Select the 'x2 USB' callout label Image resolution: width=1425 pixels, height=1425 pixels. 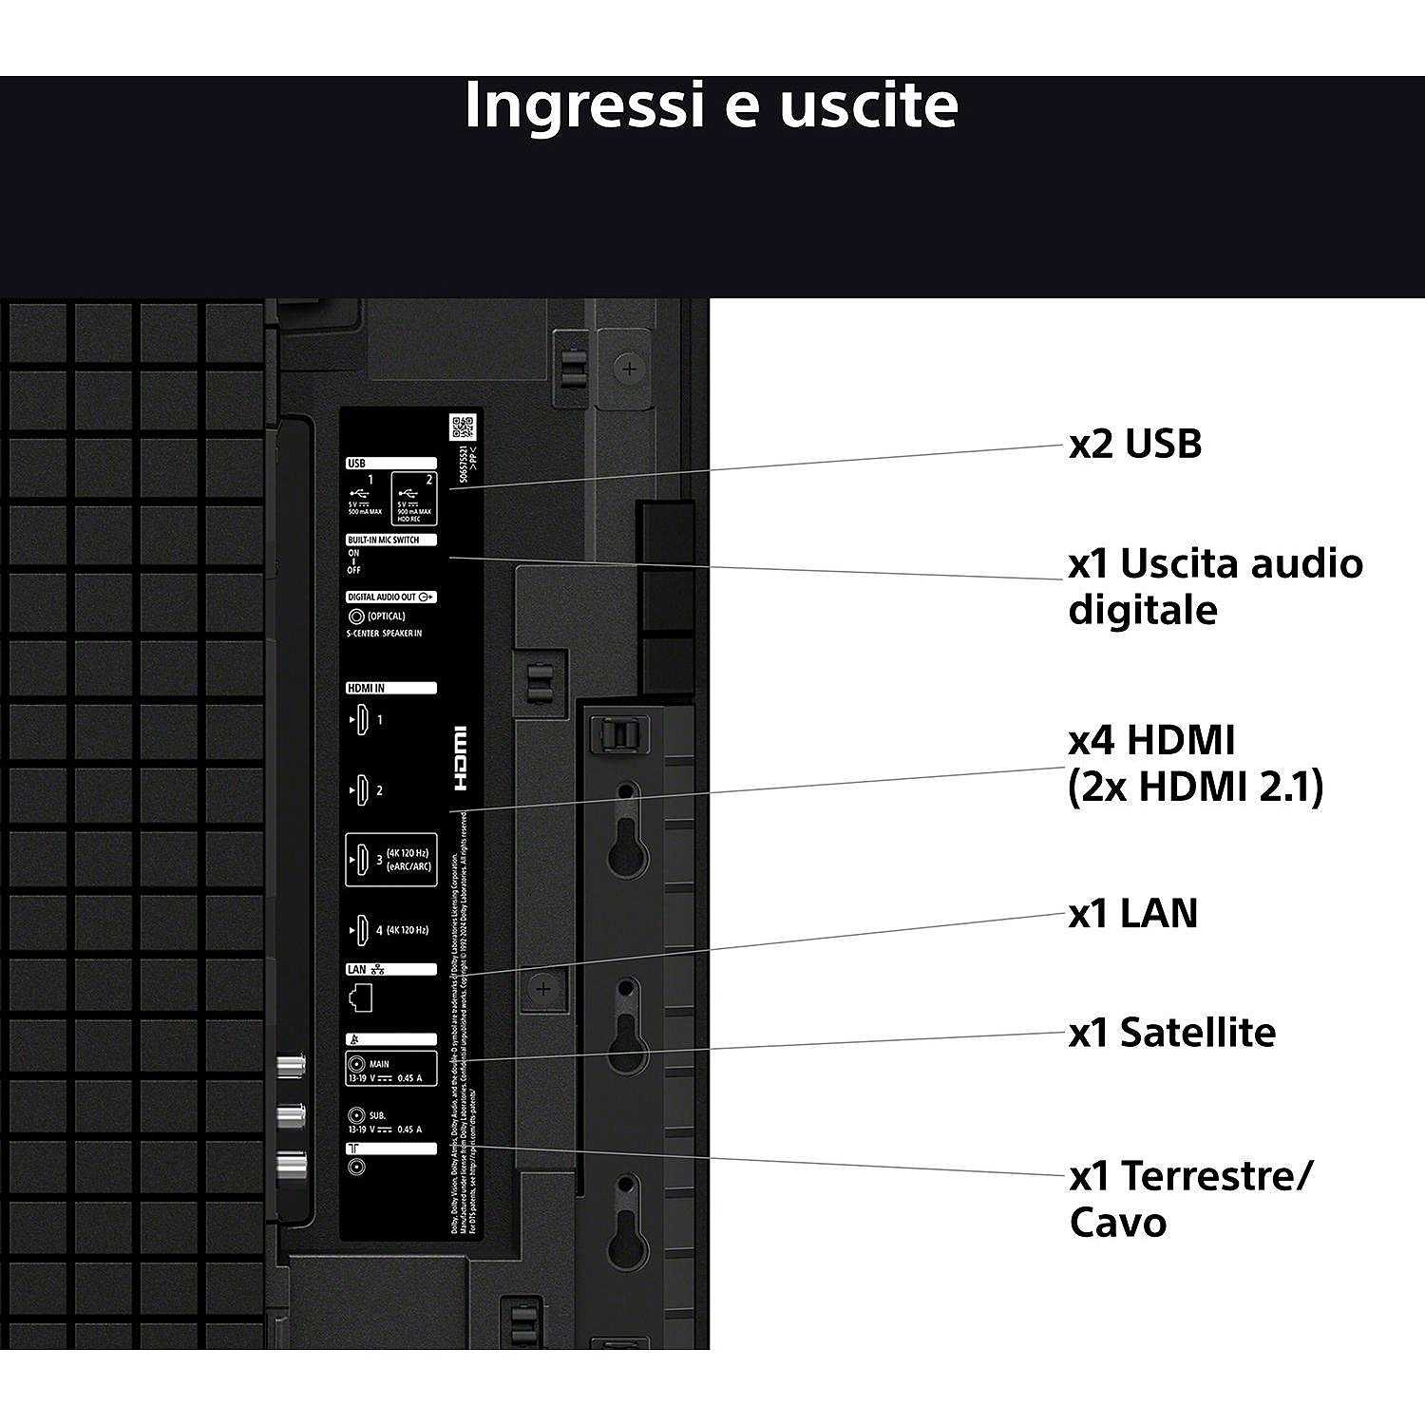tap(1134, 444)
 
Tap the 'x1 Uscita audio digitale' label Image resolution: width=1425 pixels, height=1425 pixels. tap(1214, 586)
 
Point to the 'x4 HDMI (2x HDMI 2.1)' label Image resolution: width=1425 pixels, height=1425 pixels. tap(1195, 763)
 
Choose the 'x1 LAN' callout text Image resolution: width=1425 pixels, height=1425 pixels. tap(1132, 913)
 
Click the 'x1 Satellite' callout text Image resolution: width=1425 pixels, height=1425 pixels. tap(1171, 1033)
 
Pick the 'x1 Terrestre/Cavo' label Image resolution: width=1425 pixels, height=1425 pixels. tap(1189, 1199)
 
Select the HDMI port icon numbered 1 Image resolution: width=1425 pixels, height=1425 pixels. tap(361, 720)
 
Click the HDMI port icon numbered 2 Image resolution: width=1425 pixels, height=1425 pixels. tap(361, 790)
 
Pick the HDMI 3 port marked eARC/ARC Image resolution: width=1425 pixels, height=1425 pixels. tap(362, 860)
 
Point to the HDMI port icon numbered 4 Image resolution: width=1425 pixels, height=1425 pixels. tap(361, 930)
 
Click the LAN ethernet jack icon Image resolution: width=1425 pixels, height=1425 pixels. tap(361, 997)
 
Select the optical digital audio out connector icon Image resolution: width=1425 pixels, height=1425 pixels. tap(356, 617)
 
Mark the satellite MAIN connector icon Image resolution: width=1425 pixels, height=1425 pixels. tap(356, 1065)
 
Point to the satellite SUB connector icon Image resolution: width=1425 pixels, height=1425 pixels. tap(356, 1115)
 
